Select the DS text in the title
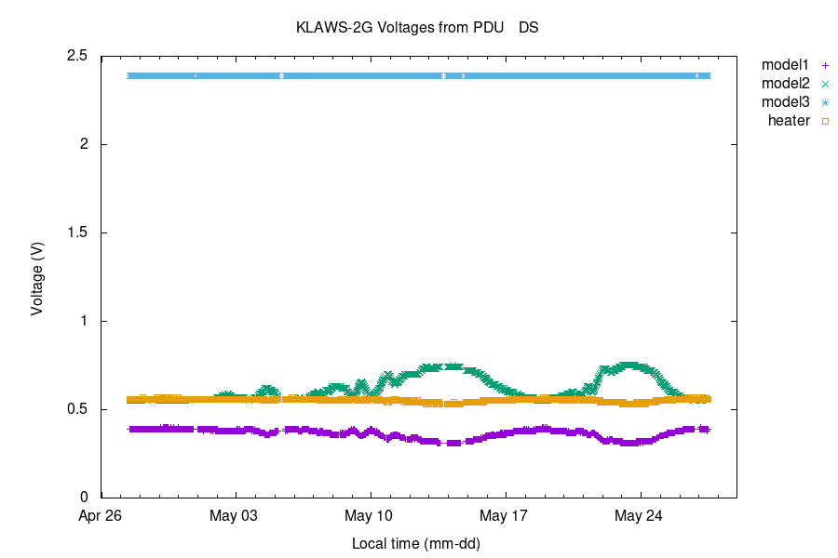pos(529,28)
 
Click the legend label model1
pos(785,65)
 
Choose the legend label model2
pos(785,84)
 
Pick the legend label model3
pos(785,102)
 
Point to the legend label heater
pos(789,121)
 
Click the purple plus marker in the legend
pos(825,65)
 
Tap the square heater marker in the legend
pos(825,121)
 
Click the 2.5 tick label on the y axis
pos(77,56)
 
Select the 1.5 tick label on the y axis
pos(77,232)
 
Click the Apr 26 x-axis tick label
pos(101,515)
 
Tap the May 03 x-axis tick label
pos(237,515)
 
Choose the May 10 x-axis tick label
pos(371,515)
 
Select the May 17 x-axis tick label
pos(506,515)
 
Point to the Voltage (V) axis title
pos(37,277)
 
